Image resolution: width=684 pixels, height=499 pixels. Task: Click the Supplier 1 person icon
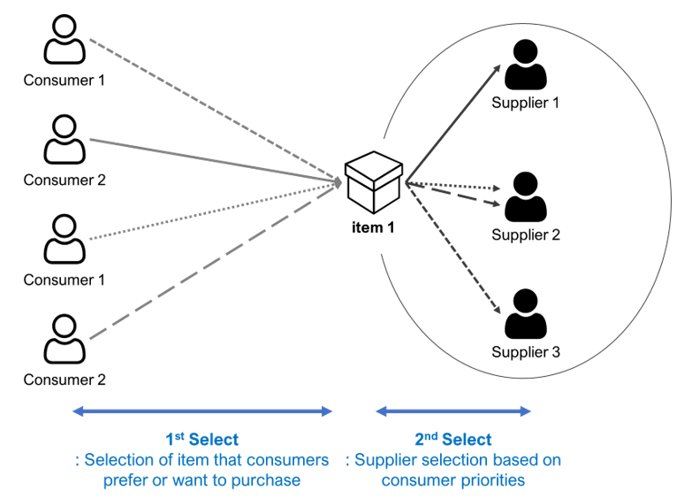525,65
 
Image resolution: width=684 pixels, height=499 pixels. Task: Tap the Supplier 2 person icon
525,198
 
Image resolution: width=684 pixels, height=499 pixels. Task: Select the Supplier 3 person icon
525,315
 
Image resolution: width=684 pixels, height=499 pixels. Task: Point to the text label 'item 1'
373,227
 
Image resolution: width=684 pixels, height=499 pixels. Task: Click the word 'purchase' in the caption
271,480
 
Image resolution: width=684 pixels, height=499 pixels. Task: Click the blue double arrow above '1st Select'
201,411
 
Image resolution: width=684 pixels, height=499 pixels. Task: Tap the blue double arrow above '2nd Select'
453,411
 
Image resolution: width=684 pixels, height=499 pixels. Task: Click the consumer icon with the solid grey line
65,142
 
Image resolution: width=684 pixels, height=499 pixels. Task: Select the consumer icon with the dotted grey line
65,241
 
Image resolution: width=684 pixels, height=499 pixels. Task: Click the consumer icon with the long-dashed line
65,341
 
